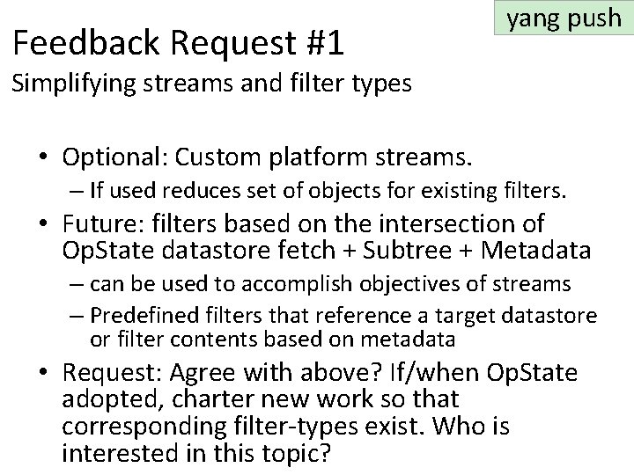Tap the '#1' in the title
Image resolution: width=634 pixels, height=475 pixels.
point(322,42)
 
